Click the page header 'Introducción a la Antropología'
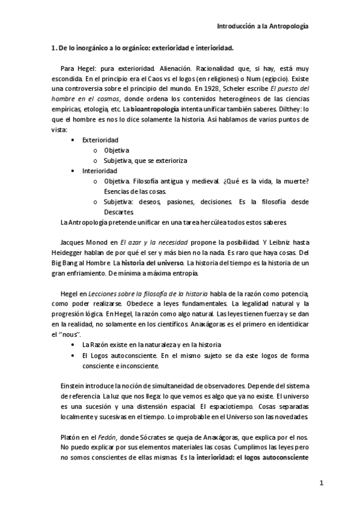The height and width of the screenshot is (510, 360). (x=263, y=26)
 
